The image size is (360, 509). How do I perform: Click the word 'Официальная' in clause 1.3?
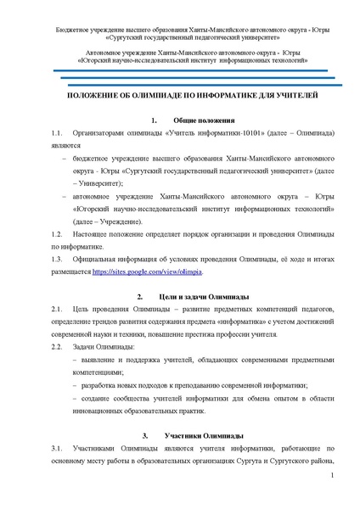click(96, 259)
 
